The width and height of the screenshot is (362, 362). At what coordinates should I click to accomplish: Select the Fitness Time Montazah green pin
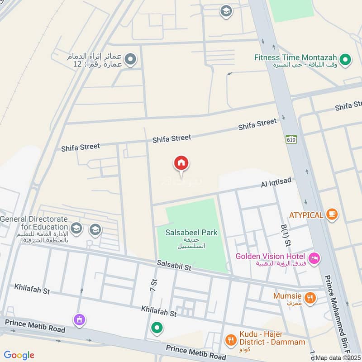click(x=346, y=59)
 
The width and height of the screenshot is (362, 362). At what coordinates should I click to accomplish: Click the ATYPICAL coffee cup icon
click(x=332, y=214)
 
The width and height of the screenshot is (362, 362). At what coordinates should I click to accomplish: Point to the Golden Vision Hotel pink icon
click(x=315, y=258)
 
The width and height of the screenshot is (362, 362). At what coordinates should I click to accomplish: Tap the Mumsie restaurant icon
click(x=310, y=297)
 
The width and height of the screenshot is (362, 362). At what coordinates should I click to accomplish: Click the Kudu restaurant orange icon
click(x=230, y=339)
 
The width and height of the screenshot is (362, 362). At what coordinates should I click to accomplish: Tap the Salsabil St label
click(x=174, y=266)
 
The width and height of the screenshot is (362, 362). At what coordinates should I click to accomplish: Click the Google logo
click(x=19, y=355)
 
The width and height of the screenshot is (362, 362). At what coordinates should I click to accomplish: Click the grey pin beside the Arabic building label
click(x=130, y=59)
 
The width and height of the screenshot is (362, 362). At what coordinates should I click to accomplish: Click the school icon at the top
click(x=226, y=11)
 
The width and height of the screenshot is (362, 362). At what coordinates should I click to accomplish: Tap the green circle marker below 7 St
click(x=157, y=327)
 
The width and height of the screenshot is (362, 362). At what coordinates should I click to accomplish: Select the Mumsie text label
click(x=287, y=296)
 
